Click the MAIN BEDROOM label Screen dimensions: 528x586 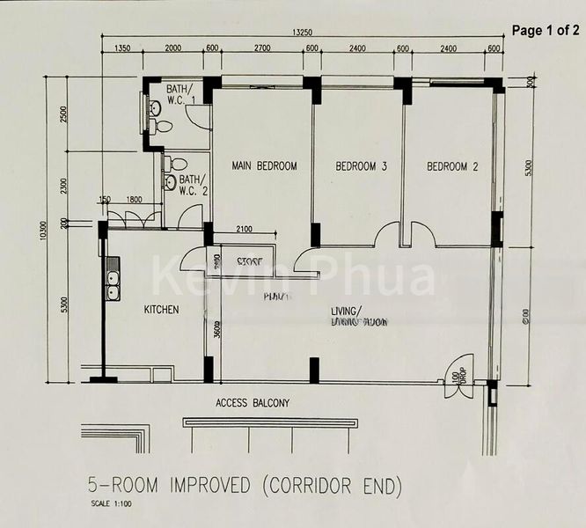coord(264,165)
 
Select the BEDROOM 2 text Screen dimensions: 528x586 coord(452,165)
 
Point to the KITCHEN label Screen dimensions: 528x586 coord(162,310)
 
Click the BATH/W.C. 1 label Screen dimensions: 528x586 coord(183,94)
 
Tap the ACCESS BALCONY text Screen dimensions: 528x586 coord(253,404)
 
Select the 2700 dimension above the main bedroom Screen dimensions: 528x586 coord(262,49)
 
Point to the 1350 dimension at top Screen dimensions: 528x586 coord(122,49)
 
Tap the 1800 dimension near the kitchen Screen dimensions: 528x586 coord(135,201)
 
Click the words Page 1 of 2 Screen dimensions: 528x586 coord(546,30)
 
